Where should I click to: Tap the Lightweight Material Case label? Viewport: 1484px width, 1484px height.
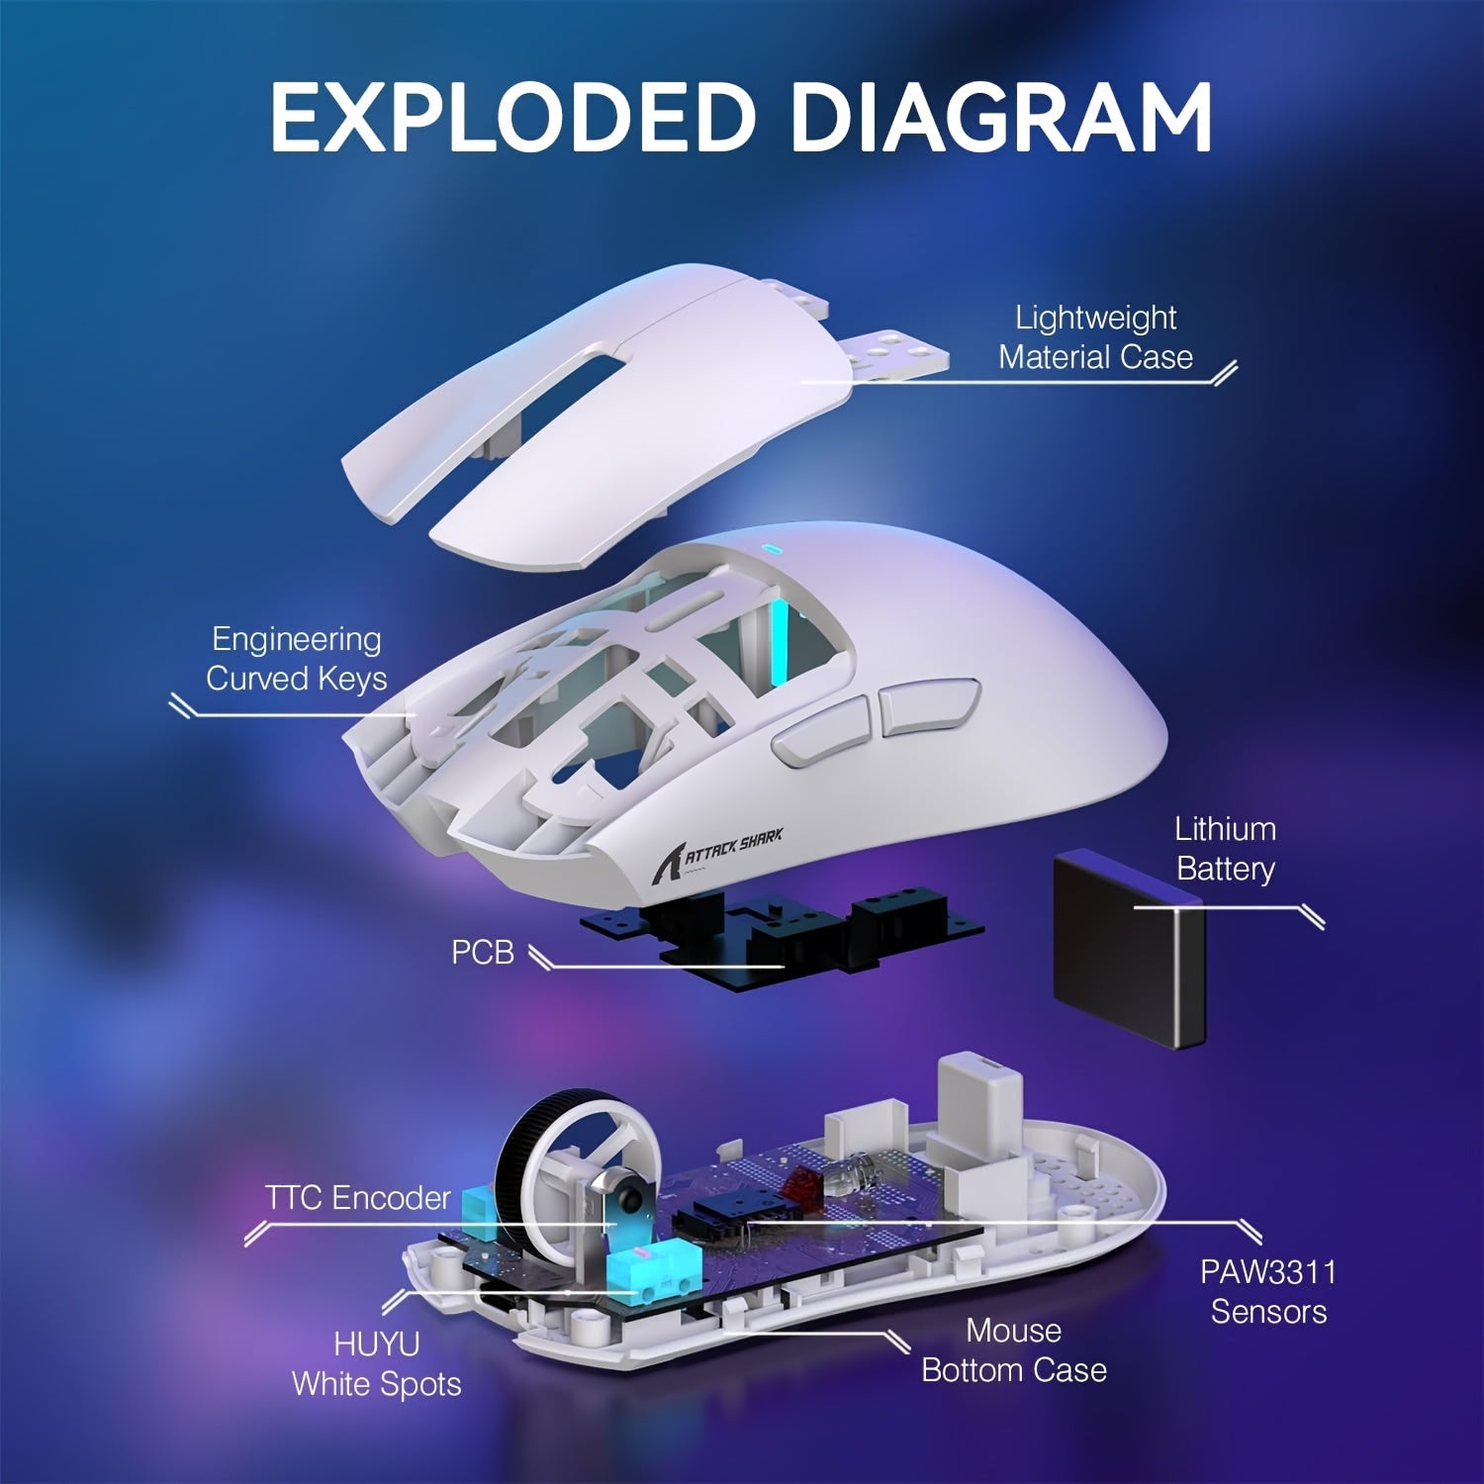[1095, 337]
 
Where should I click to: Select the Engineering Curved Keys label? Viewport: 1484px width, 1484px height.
[296, 659]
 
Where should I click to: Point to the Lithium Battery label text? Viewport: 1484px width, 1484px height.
[1225, 849]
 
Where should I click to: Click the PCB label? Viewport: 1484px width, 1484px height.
[483, 952]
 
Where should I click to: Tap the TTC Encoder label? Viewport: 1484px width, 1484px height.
[357, 1198]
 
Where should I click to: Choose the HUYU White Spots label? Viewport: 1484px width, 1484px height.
[377, 1364]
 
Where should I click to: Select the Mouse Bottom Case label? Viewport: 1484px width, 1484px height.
[1014, 1350]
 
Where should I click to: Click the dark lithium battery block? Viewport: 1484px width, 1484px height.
[1128, 950]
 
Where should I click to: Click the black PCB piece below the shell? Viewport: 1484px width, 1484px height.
[782, 935]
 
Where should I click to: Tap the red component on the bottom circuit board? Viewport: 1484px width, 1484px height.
[796, 1183]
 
